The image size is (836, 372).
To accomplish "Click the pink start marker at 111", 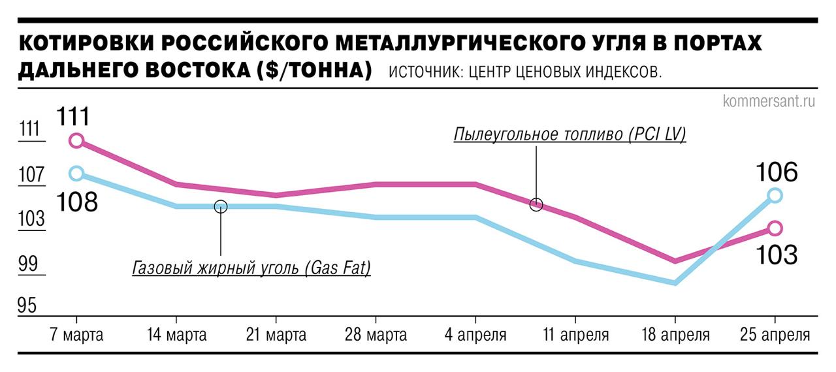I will [x=76, y=140].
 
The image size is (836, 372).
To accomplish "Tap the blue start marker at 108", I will [x=76, y=173].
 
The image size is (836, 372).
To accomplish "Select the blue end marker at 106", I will [x=775, y=195].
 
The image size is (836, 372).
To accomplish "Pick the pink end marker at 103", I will [x=775, y=228].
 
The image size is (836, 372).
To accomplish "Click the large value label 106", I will [x=777, y=173].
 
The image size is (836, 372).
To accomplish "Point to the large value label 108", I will [x=76, y=202].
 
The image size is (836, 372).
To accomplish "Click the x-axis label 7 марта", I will [x=76, y=335].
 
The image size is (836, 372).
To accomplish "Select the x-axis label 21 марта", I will [x=276, y=335].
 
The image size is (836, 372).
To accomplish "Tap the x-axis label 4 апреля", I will [x=475, y=335].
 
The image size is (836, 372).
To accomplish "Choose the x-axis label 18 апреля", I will [x=675, y=335].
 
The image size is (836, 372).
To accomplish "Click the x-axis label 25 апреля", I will [x=775, y=335].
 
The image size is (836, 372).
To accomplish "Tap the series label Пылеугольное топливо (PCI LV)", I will [x=570, y=135].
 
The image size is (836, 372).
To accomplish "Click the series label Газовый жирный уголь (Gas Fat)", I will [x=251, y=268].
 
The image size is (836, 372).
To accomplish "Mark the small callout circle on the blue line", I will [x=221, y=206].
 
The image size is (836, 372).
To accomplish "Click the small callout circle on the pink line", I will [x=536, y=204].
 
